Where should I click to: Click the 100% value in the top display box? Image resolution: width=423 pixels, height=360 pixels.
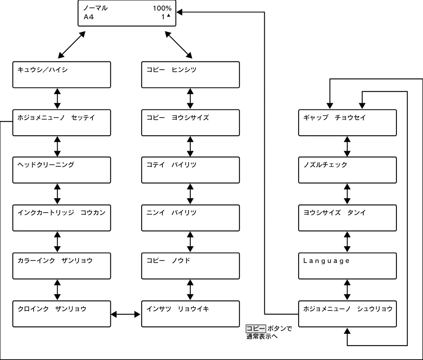[162, 8]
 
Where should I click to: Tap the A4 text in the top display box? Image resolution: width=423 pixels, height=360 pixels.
[88, 17]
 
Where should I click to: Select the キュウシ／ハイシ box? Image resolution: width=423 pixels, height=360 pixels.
[61, 75]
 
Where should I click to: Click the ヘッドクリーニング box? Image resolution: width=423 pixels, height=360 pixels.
[61, 170]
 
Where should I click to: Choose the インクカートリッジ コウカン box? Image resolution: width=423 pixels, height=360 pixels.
[61, 218]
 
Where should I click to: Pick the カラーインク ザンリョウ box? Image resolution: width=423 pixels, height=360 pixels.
[61, 266]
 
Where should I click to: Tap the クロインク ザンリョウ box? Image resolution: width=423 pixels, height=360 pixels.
[61, 314]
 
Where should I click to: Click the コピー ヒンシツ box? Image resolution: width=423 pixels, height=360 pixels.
[191, 75]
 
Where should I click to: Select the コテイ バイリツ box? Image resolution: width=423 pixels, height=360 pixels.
[191, 170]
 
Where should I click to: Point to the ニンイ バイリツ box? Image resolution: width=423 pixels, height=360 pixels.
[191, 218]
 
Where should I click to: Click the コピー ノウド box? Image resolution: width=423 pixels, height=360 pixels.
[191, 266]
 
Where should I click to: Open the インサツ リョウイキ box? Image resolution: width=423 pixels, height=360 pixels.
[191, 314]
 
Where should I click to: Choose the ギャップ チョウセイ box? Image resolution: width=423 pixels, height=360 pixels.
[347, 122]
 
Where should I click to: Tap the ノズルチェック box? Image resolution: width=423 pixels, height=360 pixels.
[347, 170]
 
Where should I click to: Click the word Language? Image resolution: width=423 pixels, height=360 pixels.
[326, 261]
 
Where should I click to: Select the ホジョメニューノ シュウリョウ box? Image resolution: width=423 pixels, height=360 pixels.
[347, 314]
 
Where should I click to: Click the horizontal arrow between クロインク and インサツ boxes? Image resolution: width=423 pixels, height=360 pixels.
[126, 315]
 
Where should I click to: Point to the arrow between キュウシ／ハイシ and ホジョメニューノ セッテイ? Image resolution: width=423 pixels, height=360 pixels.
[57, 99]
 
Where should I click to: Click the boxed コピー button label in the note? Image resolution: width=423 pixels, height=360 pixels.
[256, 328]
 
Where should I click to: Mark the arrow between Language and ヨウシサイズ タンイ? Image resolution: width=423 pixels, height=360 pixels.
[347, 242]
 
